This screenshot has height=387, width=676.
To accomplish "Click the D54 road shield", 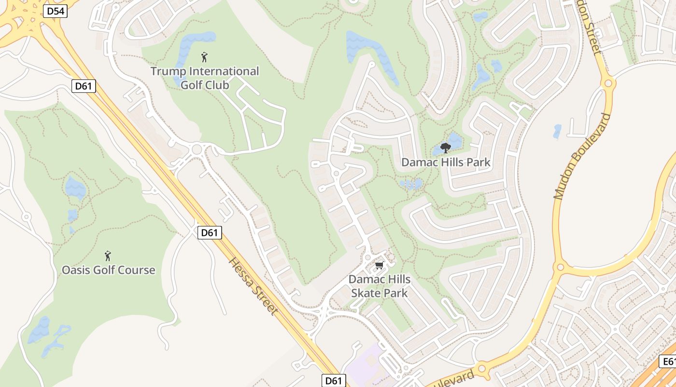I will pyautogui.click(x=55, y=11).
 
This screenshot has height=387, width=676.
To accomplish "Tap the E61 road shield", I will pyautogui.click(x=668, y=361).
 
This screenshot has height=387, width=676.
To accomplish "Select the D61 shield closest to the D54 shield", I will pyautogui.click(x=84, y=86).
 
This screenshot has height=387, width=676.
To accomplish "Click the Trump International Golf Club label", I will pyautogui.click(x=205, y=78).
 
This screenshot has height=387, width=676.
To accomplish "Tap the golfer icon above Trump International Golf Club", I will pyautogui.click(x=204, y=57).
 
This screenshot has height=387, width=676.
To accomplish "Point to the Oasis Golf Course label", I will pyautogui.click(x=109, y=270).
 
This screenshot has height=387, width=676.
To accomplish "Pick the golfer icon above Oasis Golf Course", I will pyautogui.click(x=108, y=255).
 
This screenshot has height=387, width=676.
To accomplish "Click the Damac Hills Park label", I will pyautogui.click(x=446, y=162).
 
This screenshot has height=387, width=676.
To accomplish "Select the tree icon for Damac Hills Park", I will pyautogui.click(x=445, y=148).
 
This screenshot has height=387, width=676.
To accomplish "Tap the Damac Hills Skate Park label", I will pyautogui.click(x=380, y=286).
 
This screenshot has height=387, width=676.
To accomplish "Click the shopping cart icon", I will pyautogui.click(x=380, y=265).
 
